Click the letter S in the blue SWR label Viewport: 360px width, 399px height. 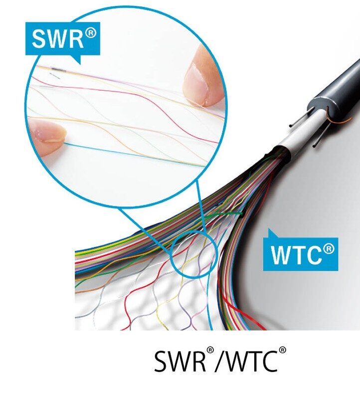(39, 39)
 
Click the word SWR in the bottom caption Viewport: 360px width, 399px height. (180, 361)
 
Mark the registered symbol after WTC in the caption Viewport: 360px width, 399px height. (282, 350)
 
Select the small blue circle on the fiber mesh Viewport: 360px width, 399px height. (193, 254)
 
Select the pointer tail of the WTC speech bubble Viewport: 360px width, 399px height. (272, 233)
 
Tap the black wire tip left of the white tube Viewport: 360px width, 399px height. (291, 126)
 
